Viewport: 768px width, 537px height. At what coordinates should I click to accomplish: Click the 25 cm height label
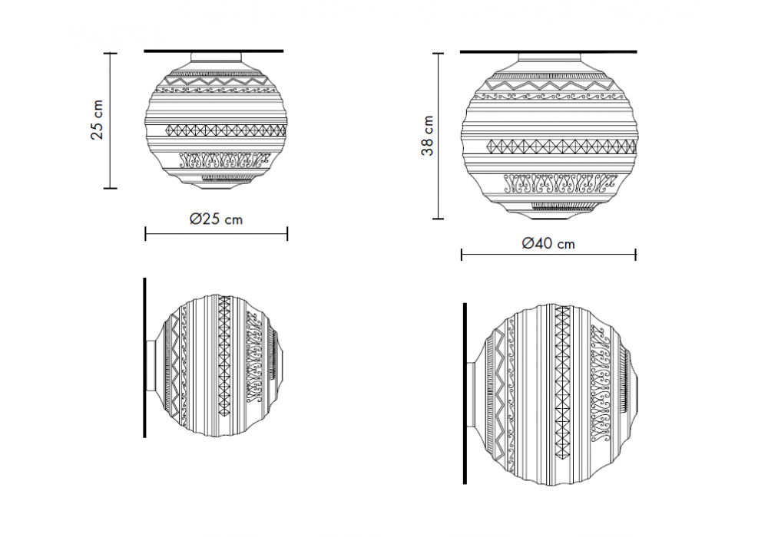pos(98,120)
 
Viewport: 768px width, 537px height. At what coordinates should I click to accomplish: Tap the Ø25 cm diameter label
pos(216,219)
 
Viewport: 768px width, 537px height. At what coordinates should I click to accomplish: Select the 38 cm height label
pos(428,136)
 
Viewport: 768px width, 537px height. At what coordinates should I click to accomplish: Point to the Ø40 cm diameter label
pos(548,243)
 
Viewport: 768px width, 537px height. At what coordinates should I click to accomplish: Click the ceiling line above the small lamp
pos(214,51)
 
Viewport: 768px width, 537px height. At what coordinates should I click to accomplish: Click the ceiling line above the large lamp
pos(548,51)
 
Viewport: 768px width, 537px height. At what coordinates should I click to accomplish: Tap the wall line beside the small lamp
pos(144,357)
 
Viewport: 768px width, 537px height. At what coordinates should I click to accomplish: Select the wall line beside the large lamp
pos(465,394)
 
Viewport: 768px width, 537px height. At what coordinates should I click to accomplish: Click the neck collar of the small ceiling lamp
pos(216,58)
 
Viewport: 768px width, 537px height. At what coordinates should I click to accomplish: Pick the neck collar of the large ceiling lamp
pos(549,58)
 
